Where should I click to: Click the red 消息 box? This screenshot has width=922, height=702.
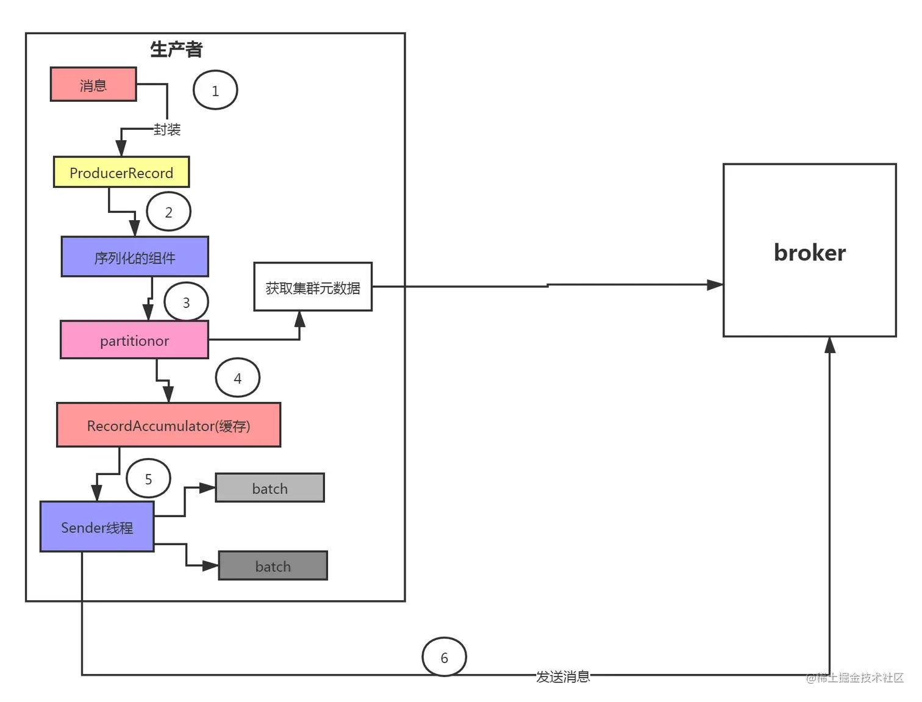[93, 85]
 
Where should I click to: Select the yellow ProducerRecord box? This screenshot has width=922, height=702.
[121, 173]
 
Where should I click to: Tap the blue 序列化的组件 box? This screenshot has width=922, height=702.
[135, 257]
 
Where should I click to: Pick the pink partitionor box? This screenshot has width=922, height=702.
[134, 340]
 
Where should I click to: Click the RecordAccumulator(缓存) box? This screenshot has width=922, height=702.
[168, 425]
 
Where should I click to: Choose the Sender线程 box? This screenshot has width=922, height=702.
[97, 528]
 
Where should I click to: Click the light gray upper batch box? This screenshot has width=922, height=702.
[270, 489]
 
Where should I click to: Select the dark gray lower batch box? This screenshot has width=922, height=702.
[273, 566]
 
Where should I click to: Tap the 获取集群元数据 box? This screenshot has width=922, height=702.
[313, 287]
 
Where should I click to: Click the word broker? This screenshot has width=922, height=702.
[809, 253]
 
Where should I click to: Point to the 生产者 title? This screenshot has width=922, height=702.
[176, 49]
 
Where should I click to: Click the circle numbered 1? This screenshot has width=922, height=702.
[215, 91]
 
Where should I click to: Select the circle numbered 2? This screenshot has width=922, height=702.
[169, 212]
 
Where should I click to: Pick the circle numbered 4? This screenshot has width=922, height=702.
[238, 378]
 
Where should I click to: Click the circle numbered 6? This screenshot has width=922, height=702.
[445, 657]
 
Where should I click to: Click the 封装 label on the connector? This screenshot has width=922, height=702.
[167, 129]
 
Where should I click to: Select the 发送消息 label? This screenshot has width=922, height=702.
[563, 676]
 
